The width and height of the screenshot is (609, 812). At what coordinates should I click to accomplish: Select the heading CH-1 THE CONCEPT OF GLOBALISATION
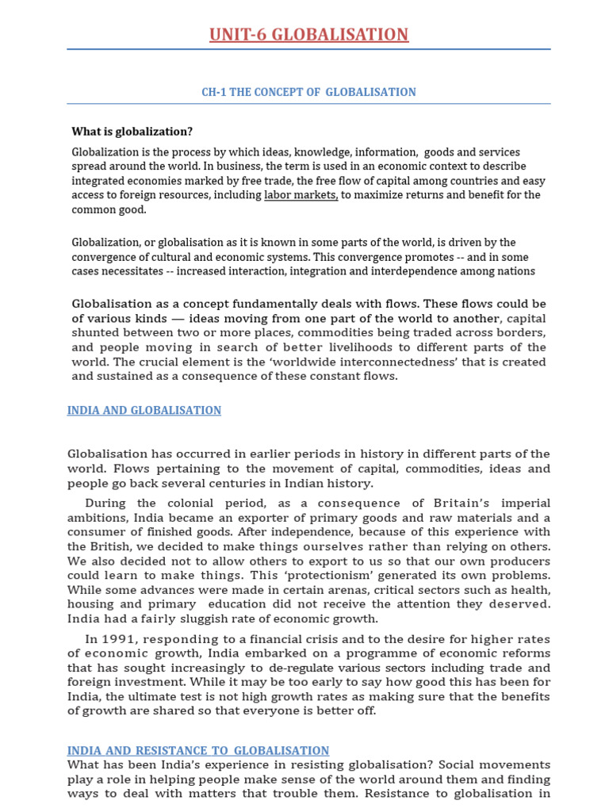tap(308, 92)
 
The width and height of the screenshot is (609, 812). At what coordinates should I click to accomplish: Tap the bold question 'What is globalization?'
tap(132, 132)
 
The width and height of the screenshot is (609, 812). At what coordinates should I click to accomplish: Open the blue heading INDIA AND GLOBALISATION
tap(144, 411)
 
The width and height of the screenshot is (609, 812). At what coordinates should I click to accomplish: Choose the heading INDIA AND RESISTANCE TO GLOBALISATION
tap(198, 750)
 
